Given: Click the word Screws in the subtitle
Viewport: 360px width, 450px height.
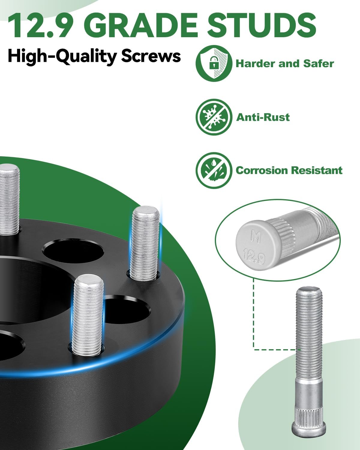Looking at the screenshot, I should (151, 56).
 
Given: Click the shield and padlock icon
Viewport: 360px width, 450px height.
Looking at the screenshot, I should (214, 63).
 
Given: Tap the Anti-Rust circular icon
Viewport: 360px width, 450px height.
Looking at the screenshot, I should (214, 117).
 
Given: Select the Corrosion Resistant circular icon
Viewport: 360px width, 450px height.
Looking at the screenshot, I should (214, 170).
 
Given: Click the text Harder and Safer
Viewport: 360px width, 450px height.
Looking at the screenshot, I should (285, 64).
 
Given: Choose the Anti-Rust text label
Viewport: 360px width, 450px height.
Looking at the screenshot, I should (263, 117).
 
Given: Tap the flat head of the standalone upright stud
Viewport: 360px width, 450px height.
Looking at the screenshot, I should (309, 428).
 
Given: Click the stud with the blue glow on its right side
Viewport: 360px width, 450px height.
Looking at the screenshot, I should (146, 243).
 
